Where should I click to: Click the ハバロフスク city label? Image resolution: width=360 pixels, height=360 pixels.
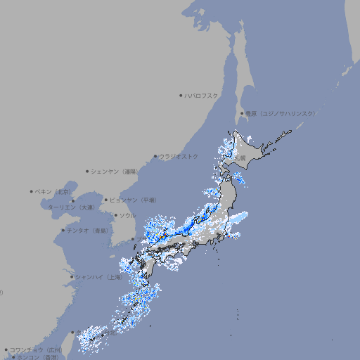[202, 95]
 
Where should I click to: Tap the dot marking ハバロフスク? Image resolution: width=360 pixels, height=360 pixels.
[181, 95]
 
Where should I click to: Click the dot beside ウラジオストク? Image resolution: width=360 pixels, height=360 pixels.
[155, 156]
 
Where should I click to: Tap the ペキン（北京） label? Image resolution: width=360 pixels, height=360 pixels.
[54, 191]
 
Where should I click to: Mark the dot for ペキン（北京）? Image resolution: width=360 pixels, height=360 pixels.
[32, 191]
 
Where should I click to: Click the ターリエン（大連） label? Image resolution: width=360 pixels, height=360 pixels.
[71, 207]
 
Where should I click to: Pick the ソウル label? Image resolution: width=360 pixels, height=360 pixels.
[127, 215]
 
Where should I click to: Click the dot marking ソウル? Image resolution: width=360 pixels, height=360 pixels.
[115, 215]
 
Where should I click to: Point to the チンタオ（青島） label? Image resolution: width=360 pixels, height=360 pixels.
[88, 230]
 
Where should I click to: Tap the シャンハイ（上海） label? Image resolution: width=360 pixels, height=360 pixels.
[98, 276]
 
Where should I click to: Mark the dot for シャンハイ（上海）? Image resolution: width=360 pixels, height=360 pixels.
[72, 276]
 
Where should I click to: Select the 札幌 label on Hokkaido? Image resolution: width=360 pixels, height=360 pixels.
[240, 157]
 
